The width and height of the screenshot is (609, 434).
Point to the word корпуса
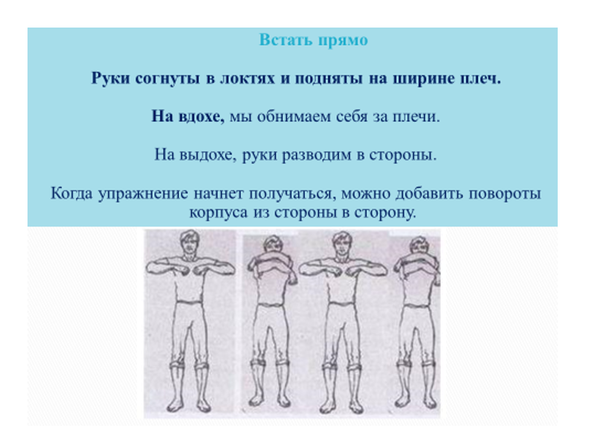[219, 213]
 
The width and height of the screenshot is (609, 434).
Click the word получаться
[292, 194]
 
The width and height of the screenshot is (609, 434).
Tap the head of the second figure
[273, 244]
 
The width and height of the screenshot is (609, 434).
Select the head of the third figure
[342, 243]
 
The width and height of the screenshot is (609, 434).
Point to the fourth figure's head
[419, 245]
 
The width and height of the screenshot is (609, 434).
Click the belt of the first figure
[190, 301]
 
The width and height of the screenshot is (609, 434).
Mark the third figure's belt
[342, 301]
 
